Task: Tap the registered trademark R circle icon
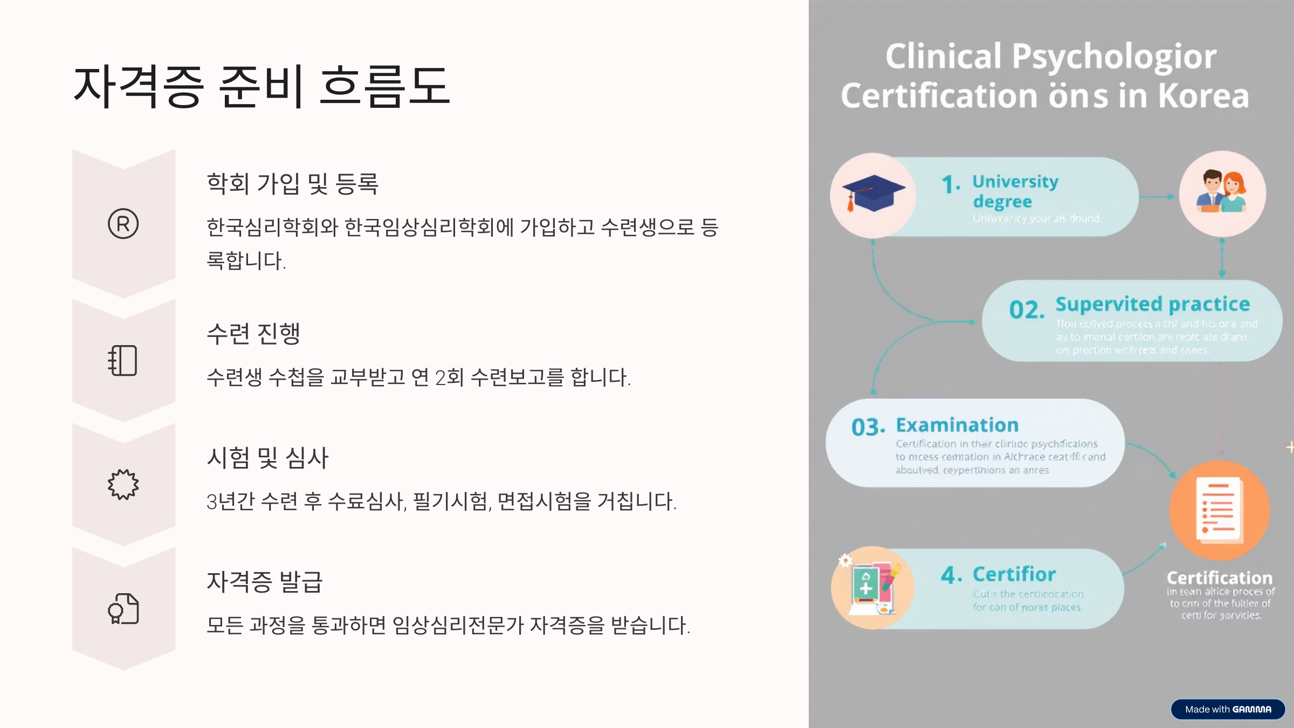(123, 224)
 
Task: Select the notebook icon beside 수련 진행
(123, 360)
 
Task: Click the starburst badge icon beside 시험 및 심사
(123, 484)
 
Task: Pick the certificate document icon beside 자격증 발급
(123, 609)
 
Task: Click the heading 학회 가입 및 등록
(293, 183)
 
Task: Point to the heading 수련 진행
(253, 333)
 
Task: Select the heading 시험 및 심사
(267, 458)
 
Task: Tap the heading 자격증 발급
(265, 582)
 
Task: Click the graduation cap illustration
(873, 194)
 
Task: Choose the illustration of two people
(1222, 193)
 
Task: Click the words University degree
(1015, 191)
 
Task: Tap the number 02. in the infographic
(1027, 310)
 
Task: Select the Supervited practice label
(1152, 304)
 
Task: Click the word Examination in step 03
(957, 425)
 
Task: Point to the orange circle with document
(1219, 510)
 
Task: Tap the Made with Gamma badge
(1228, 709)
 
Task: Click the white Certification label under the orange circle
(1219, 578)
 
